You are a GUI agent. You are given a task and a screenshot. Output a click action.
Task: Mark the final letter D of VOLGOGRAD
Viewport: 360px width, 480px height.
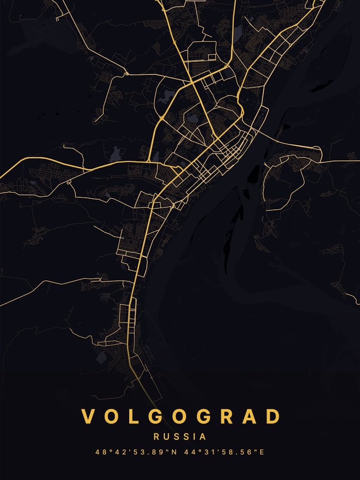pyautogui.click(x=272, y=417)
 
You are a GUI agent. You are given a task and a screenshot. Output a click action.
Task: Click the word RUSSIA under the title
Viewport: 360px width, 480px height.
pyautogui.click(x=180, y=437)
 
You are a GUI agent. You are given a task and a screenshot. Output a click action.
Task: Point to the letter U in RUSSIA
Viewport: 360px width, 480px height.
pyautogui.click(x=167, y=437)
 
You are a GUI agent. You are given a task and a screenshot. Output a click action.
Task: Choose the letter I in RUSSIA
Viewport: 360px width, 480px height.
pyautogui.click(x=195, y=437)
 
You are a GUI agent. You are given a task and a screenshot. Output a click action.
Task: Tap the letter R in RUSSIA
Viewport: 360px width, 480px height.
pyautogui.click(x=156, y=437)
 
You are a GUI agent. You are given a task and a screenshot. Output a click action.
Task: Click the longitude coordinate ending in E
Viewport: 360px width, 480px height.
pyautogui.click(x=225, y=452)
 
